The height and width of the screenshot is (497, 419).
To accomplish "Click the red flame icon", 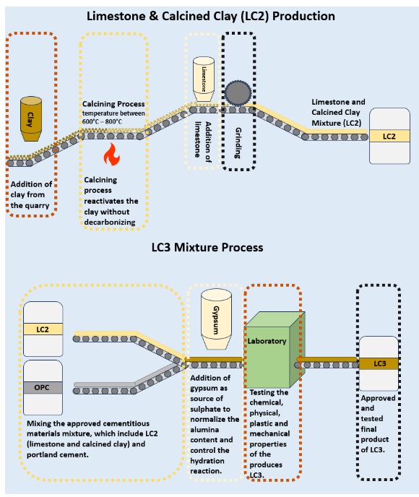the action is click(x=111, y=155).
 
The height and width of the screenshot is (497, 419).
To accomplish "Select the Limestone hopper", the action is click(x=204, y=79).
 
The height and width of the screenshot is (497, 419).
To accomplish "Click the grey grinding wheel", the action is click(x=238, y=93).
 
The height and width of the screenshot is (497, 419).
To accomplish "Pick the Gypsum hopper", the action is click(x=216, y=319).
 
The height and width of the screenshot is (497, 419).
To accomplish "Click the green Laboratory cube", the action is click(x=275, y=350).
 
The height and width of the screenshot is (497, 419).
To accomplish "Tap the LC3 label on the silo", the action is click(x=379, y=363).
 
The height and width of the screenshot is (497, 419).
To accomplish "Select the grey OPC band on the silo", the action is click(x=43, y=388).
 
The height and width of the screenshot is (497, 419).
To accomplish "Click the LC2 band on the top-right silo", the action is click(x=389, y=137).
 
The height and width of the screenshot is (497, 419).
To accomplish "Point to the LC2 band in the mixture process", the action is click(x=43, y=329).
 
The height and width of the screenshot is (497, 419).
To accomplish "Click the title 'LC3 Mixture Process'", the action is click(x=207, y=247).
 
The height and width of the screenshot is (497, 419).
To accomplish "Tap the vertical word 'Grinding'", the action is click(x=238, y=143).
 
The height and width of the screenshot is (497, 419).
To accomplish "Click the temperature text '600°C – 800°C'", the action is click(x=102, y=121).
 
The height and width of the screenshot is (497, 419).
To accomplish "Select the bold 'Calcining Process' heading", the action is click(x=113, y=103).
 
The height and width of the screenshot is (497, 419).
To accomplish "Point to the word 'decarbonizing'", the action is click(x=110, y=222).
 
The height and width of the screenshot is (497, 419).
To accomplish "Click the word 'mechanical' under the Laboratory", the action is click(x=269, y=433).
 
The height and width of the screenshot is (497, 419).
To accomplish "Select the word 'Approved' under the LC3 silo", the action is click(x=378, y=398).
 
